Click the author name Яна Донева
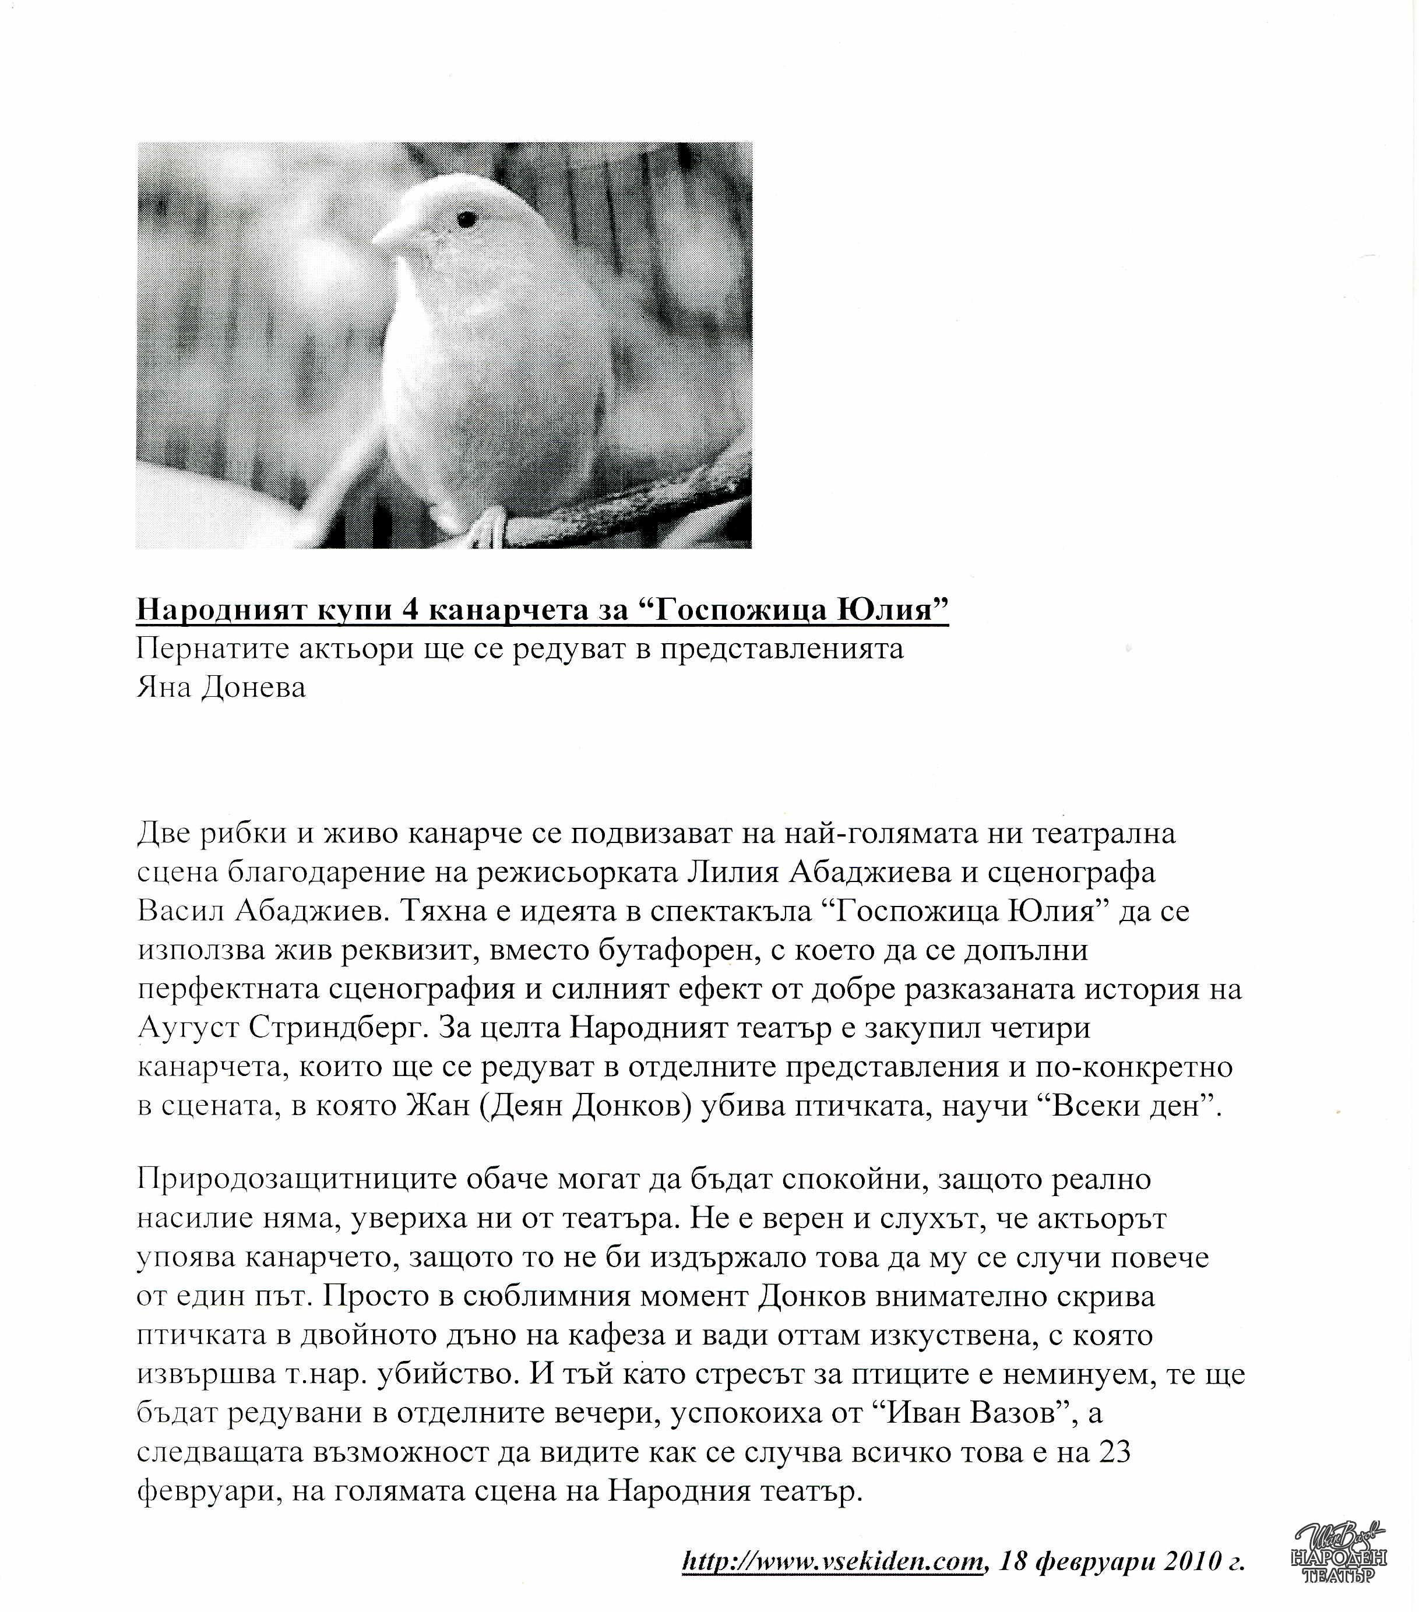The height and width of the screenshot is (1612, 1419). click(221, 687)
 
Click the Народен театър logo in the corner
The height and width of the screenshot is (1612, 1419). click(1339, 1554)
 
